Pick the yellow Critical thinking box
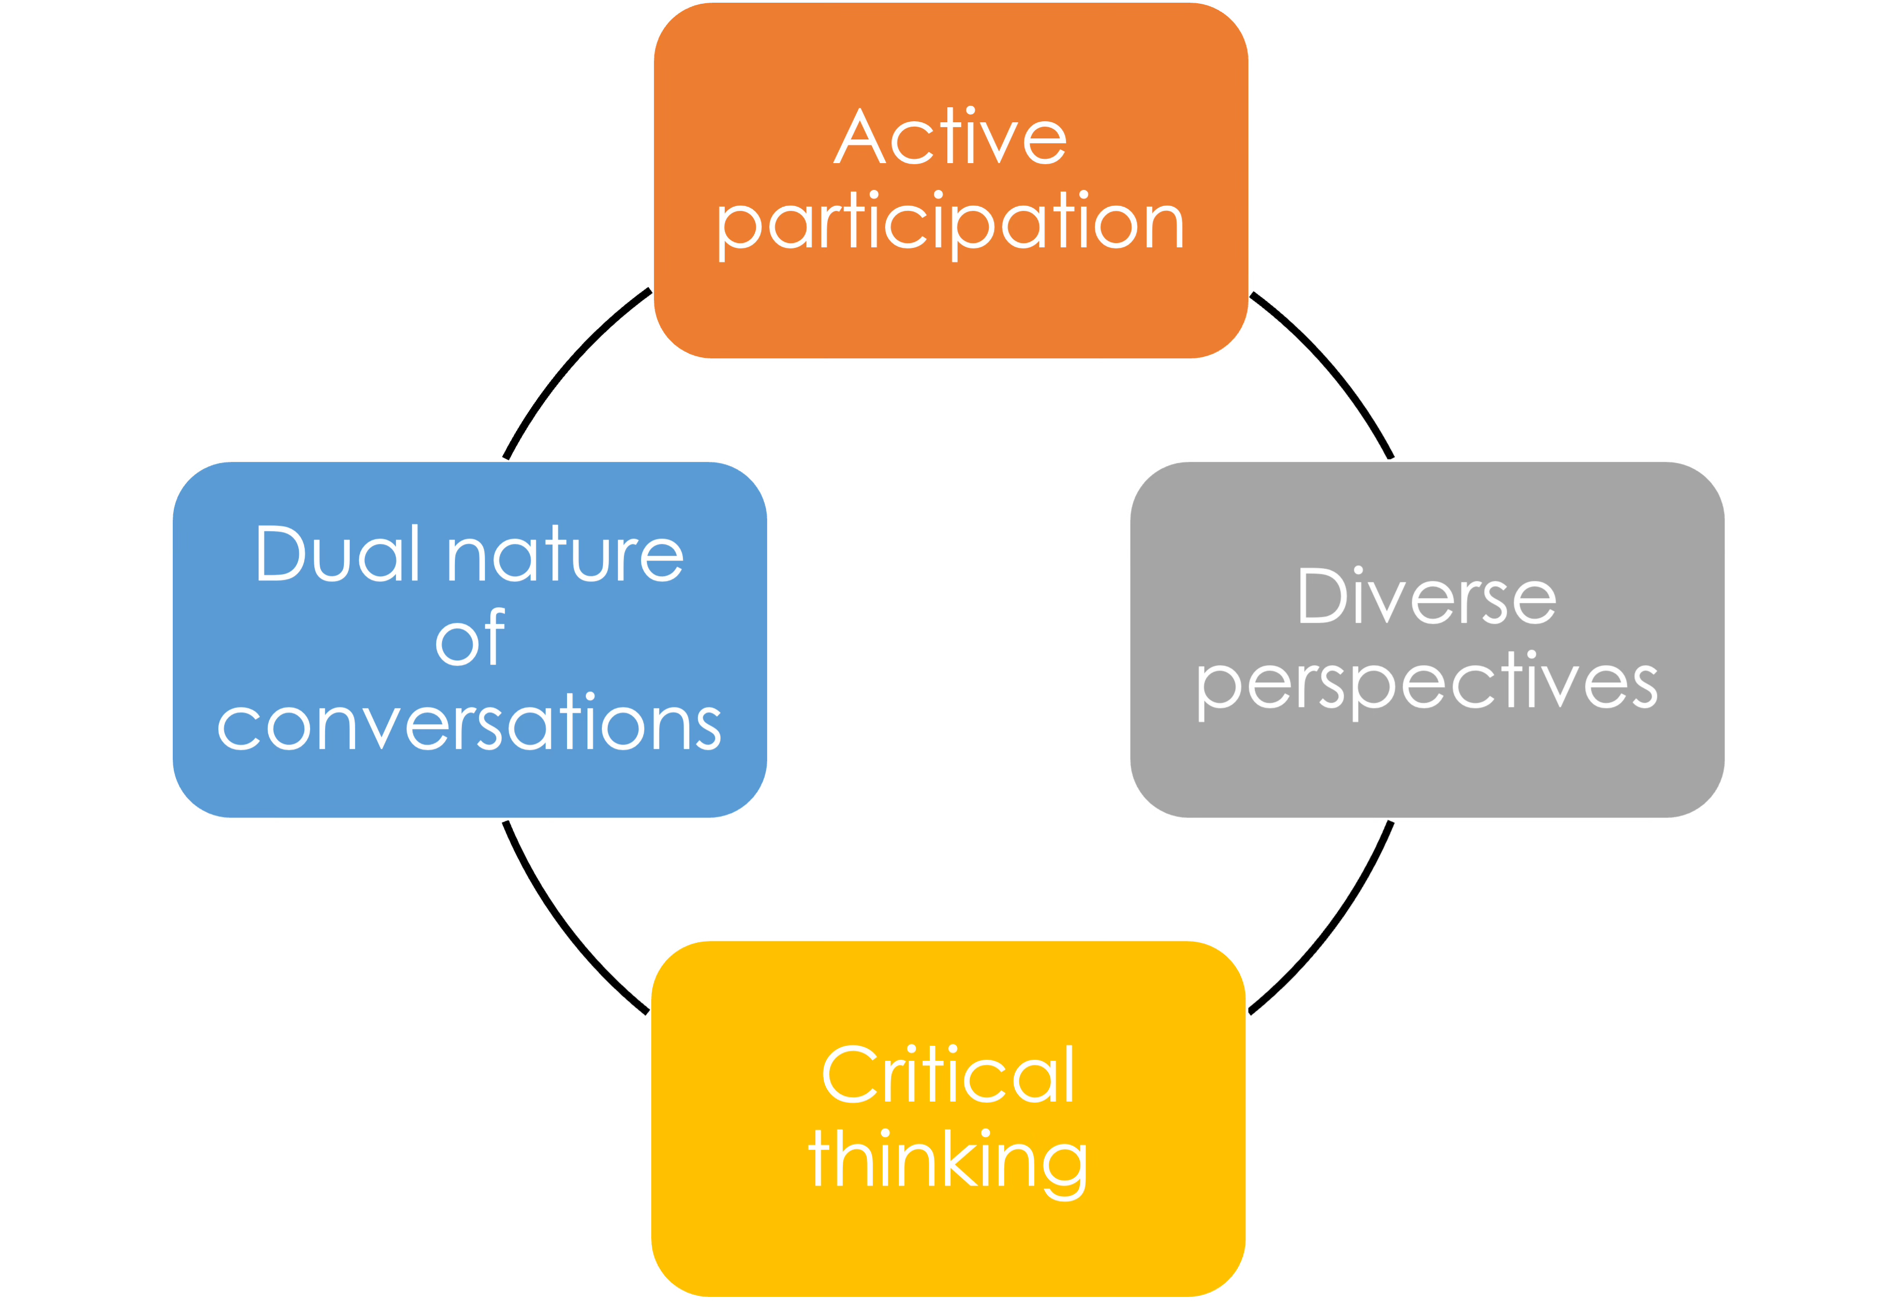pyautogui.click(x=948, y=1242)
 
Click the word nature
pyautogui.click(x=566, y=556)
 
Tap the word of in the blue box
pyautogui.click(x=470, y=639)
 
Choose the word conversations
pyautogui.click(x=469, y=724)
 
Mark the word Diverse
pyautogui.click(x=1427, y=597)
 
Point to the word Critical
pyautogui.click(x=948, y=1075)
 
